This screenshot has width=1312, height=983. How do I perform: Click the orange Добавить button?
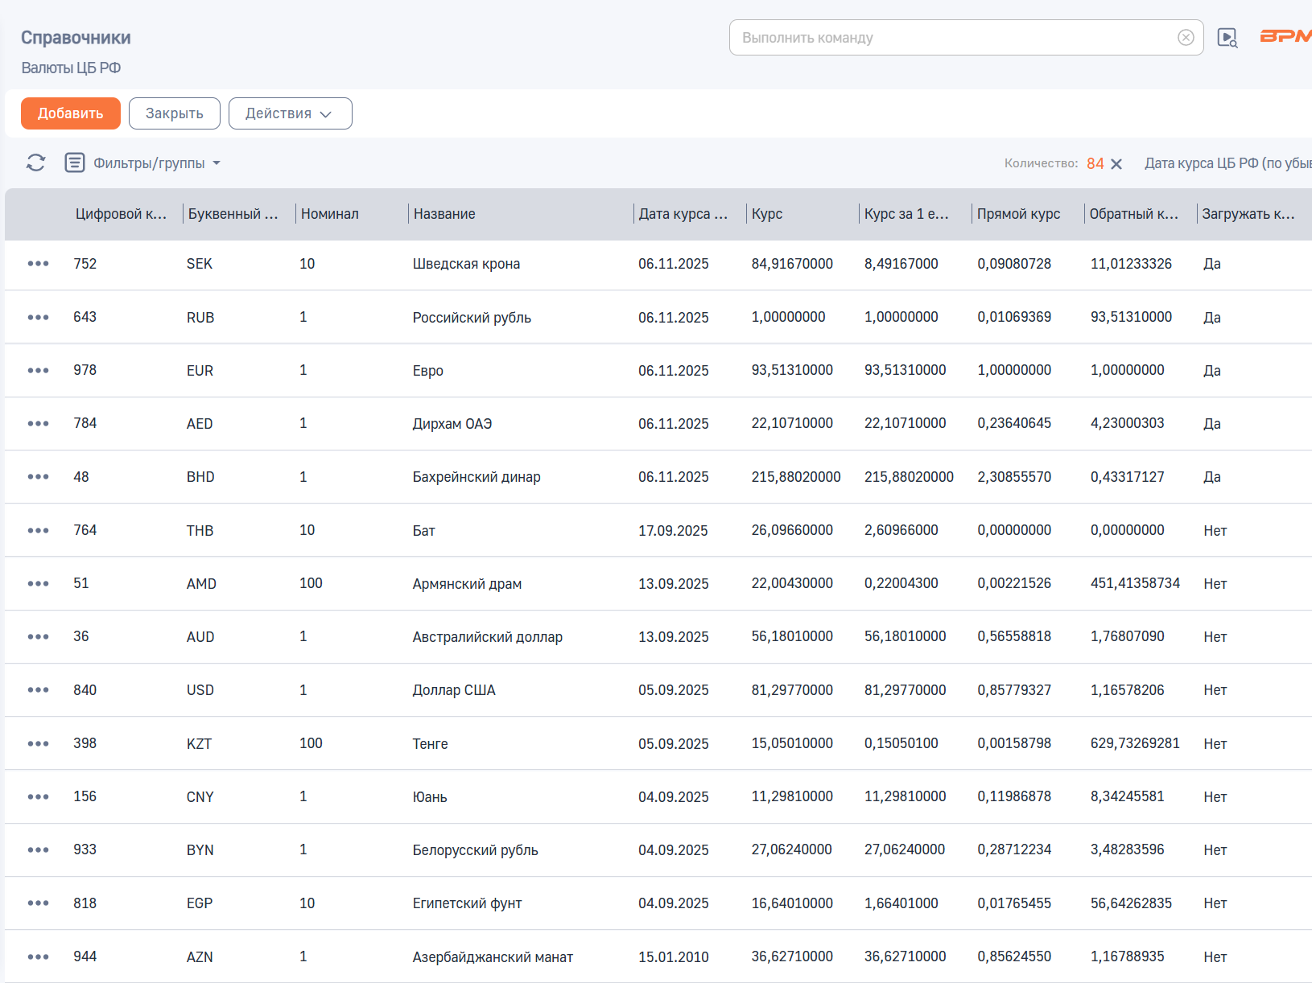pos(71,113)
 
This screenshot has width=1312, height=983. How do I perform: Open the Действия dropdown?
pos(290,113)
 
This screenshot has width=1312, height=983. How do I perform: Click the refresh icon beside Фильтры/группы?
pos(36,163)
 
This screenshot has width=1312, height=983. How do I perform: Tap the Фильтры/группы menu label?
pos(149,163)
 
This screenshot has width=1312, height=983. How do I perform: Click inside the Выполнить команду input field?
pos(956,38)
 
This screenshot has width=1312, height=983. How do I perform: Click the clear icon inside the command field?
pos(1186,38)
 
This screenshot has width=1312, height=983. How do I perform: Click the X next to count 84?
pos(1116,163)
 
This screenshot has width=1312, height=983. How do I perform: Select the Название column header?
pos(444,214)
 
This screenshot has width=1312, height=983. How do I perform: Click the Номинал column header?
pos(329,214)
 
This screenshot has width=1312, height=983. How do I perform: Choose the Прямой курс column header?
pos(1018,214)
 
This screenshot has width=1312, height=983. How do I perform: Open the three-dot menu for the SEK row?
pos(39,263)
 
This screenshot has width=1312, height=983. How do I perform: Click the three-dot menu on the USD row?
pos(39,689)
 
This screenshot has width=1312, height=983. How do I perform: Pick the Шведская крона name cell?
pos(466,264)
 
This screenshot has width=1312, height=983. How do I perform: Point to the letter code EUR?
pos(200,370)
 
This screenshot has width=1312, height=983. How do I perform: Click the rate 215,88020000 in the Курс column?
pos(795,476)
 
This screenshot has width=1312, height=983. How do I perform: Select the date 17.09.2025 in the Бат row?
pos(673,530)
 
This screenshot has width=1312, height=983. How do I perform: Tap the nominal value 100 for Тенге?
pos(311,743)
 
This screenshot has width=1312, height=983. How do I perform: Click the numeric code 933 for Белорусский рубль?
pos(85,849)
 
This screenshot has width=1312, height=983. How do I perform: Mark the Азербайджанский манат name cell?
pos(493,956)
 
